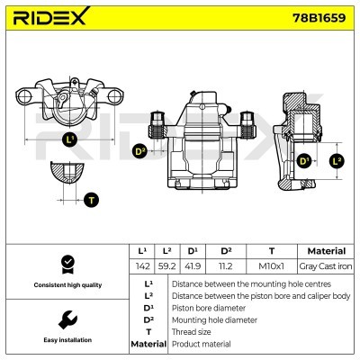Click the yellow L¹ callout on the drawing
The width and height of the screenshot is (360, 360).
click(x=70, y=139)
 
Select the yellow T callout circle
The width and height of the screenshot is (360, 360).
click(x=92, y=199)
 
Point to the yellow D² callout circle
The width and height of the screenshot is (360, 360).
click(x=139, y=151)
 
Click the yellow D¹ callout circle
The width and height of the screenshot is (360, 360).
click(x=303, y=161)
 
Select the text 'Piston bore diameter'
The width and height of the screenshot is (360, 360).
click(x=208, y=307)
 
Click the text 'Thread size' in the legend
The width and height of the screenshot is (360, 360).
click(x=193, y=332)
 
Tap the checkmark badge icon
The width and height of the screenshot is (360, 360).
click(x=66, y=264)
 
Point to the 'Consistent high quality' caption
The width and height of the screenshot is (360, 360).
click(x=66, y=285)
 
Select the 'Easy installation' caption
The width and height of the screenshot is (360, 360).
click(x=66, y=341)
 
